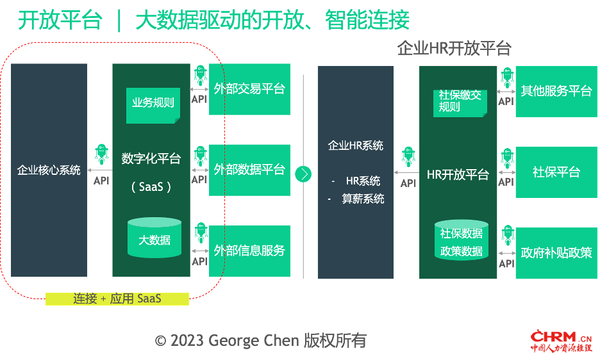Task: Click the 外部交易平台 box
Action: point(249,89)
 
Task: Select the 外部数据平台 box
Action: point(249,170)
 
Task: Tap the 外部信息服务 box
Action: point(249,251)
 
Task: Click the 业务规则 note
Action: point(153,106)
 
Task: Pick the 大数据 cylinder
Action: point(154,238)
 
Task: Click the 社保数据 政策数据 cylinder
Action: point(462,240)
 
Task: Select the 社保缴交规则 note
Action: point(460,103)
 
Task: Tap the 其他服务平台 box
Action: point(556,92)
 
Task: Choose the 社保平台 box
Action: point(556,172)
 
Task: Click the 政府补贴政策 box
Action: point(556,253)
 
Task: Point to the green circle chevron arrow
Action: point(303,174)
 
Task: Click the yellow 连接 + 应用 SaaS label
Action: point(117,299)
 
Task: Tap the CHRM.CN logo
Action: point(561,341)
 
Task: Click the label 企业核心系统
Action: point(49,170)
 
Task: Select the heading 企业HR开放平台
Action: point(454,49)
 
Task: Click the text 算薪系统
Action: point(363,199)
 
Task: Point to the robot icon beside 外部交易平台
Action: point(201,75)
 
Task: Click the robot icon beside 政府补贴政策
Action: point(508,235)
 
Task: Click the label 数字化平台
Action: point(151,158)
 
